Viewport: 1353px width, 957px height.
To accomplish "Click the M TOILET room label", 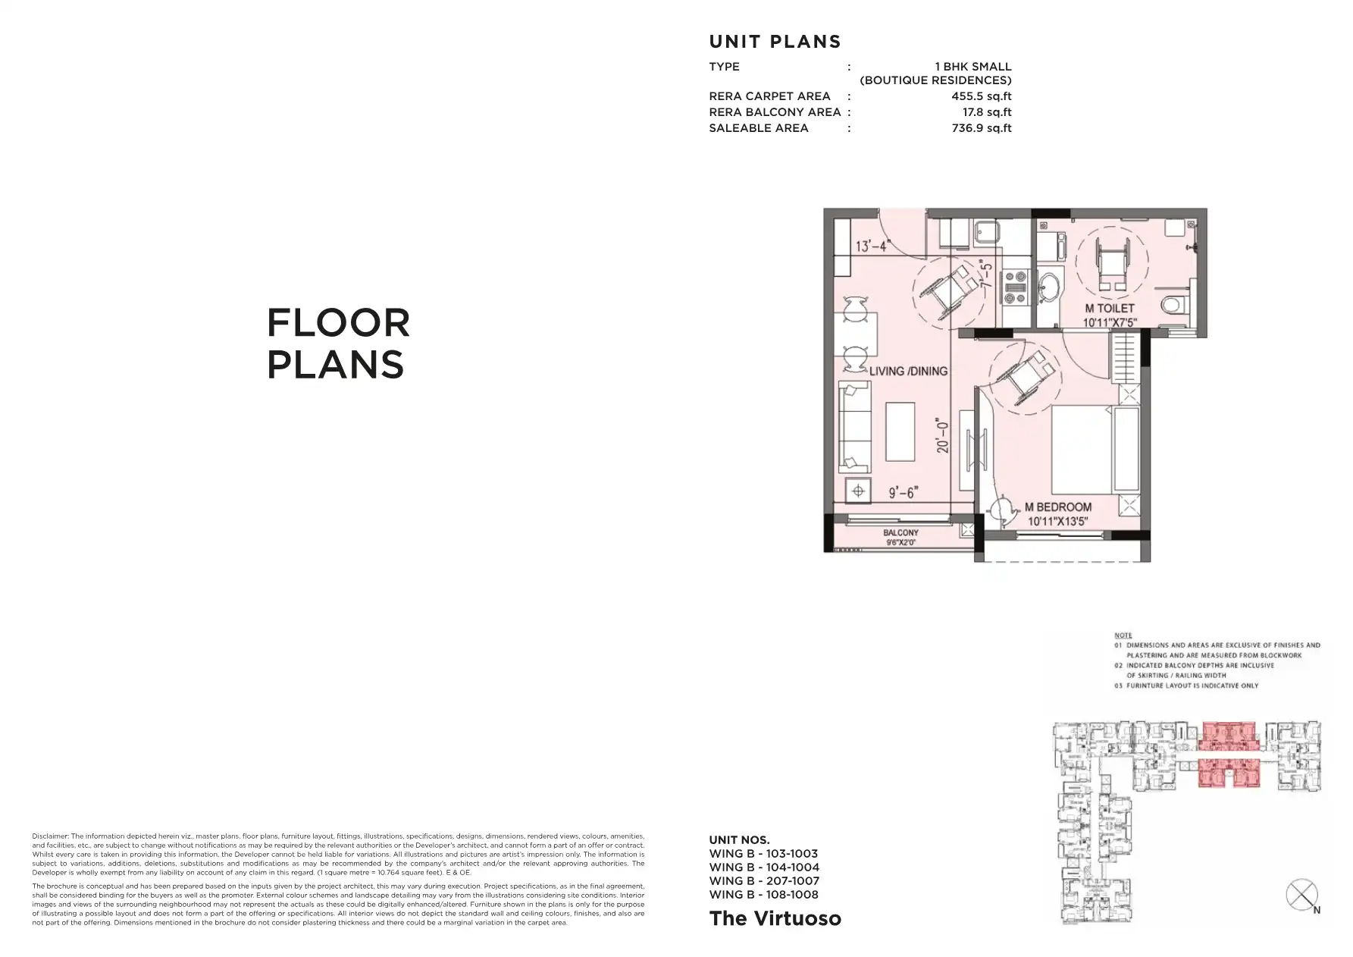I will (1110, 309).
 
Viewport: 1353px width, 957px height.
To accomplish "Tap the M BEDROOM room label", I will (1058, 507).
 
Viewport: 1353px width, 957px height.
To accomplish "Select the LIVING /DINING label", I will (908, 372).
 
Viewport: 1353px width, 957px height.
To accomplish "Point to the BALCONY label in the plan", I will (900, 533).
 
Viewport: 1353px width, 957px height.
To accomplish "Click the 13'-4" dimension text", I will (872, 246).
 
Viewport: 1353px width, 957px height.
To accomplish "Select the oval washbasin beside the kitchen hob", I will (1049, 287).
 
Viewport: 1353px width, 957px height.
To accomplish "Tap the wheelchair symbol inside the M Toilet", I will (1112, 262).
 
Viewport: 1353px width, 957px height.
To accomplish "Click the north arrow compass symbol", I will (1301, 895).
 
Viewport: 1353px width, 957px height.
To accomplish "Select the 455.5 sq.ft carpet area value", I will (981, 96).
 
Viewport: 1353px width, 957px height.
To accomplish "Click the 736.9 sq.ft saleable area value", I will (981, 128).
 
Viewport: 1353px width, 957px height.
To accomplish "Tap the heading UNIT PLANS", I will (775, 42).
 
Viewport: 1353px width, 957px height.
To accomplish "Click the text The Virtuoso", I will (775, 918).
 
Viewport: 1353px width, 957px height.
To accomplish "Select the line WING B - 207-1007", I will (763, 881).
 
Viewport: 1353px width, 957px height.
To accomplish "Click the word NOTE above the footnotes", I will (1123, 635).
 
